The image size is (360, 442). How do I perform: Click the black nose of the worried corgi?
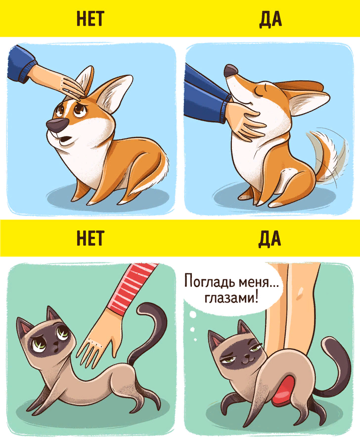pos(56,125)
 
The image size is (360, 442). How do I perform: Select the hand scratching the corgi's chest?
pos(247,122)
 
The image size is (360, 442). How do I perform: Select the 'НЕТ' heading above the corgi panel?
pos(90,18)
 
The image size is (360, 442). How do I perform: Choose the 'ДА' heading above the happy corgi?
pos(270,18)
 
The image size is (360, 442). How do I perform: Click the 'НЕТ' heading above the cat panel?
pos(90,238)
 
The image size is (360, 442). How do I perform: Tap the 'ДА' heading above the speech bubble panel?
pos(270,238)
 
